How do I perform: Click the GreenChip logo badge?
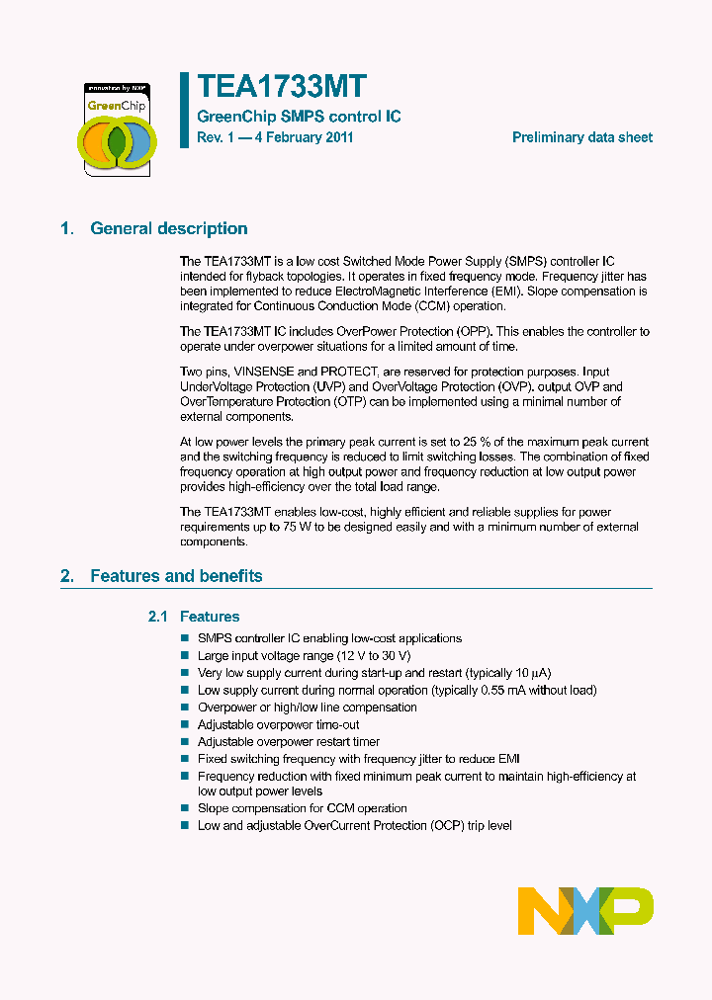[x=117, y=128]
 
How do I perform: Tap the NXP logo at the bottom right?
[x=585, y=910]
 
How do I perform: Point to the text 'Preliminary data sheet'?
[x=581, y=137]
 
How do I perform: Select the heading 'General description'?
[x=168, y=229]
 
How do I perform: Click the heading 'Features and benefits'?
[x=176, y=576]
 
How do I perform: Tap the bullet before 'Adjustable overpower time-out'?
[x=185, y=725]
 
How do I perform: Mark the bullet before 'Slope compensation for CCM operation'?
[x=185, y=809]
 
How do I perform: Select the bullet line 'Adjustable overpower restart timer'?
[x=288, y=742]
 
